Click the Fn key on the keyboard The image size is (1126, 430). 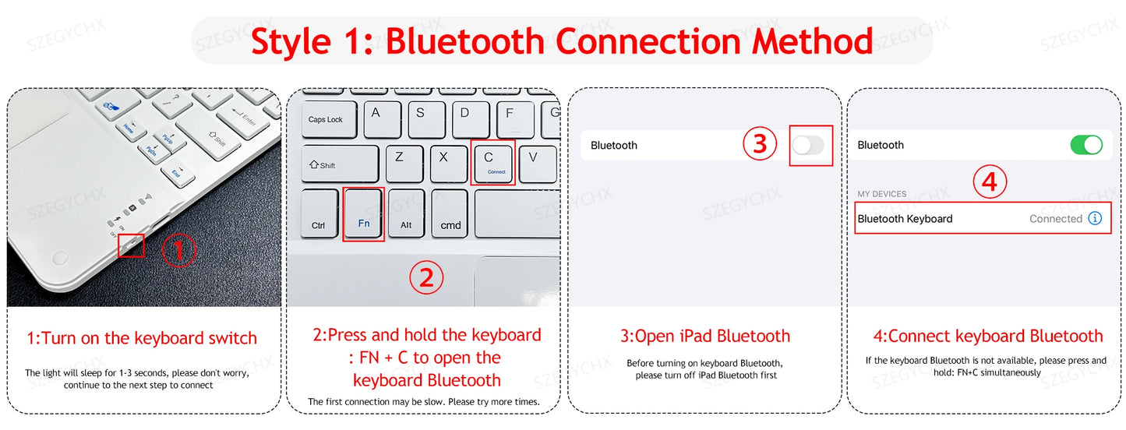tap(364, 215)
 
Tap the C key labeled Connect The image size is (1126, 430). tap(492, 162)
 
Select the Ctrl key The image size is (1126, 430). tap(319, 214)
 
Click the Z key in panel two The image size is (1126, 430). tap(401, 162)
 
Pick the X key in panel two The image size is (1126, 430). tap(444, 162)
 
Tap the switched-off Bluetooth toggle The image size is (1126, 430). tap(808, 145)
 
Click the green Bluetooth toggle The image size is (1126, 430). tap(1086, 145)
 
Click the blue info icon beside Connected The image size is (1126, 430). tap(1095, 219)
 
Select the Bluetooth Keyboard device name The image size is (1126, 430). tap(905, 219)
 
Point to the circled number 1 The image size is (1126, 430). tap(179, 251)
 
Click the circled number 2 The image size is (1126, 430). tap(426, 278)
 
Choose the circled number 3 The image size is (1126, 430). tap(760, 143)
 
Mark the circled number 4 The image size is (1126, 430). tap(990, 182)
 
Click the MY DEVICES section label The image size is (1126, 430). tap(882, 194)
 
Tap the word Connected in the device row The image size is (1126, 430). tap(1055, 219)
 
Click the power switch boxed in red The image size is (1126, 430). tap(131, 245)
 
